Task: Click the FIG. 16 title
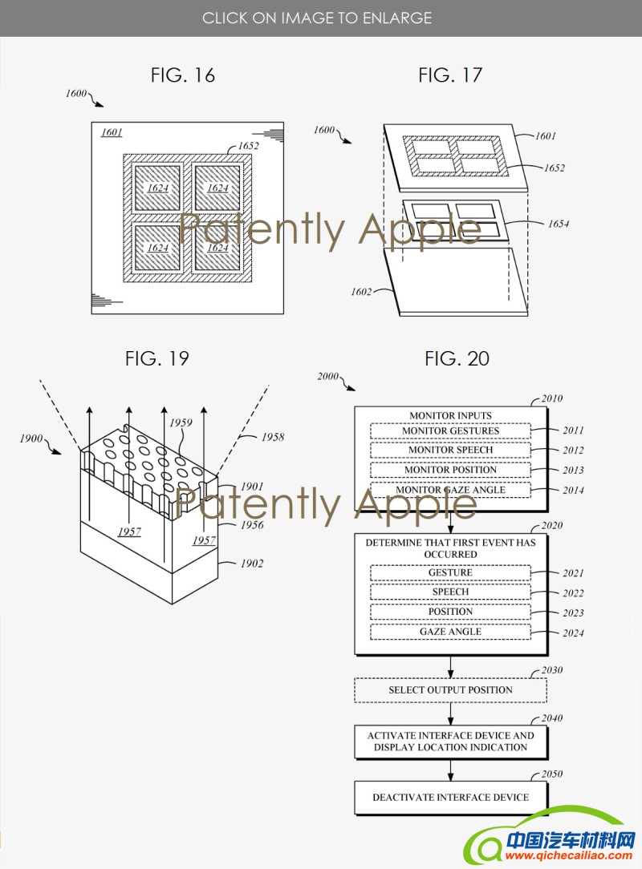click(183, 75)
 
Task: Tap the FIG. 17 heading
click(450, 75)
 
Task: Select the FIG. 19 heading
click(157, 358)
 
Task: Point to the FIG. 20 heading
click(457, 358)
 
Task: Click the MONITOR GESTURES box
click(450, 431)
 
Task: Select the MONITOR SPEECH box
click(450, 451)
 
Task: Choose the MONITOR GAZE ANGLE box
click(450, 490)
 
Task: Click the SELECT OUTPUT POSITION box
click(450, 689)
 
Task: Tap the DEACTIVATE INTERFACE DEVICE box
click(450, 798)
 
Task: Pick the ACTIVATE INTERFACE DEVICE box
click(450, 742)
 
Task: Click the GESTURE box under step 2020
click(450, 573)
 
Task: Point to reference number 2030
click(551, 670)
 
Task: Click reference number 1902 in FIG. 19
click(251, 564)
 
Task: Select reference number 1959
click(180, 422)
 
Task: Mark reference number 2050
click(551, 774)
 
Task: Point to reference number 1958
click(272, 438)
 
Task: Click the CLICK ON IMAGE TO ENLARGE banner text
click(317, 18)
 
